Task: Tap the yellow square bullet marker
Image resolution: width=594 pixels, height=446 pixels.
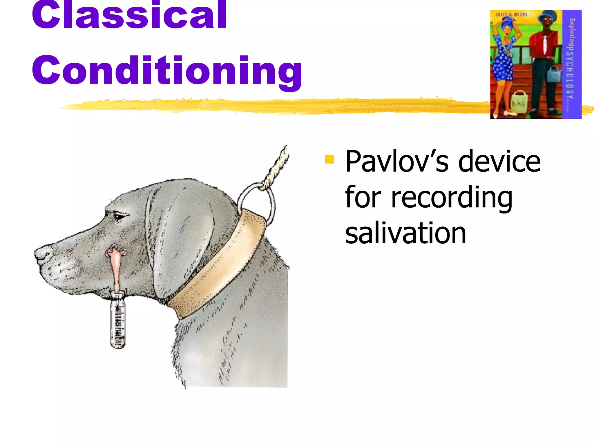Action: (329, 159)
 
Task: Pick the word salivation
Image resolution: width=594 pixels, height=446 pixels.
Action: (405, 233)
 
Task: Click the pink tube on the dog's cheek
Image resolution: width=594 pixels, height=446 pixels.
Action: (116, 267)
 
